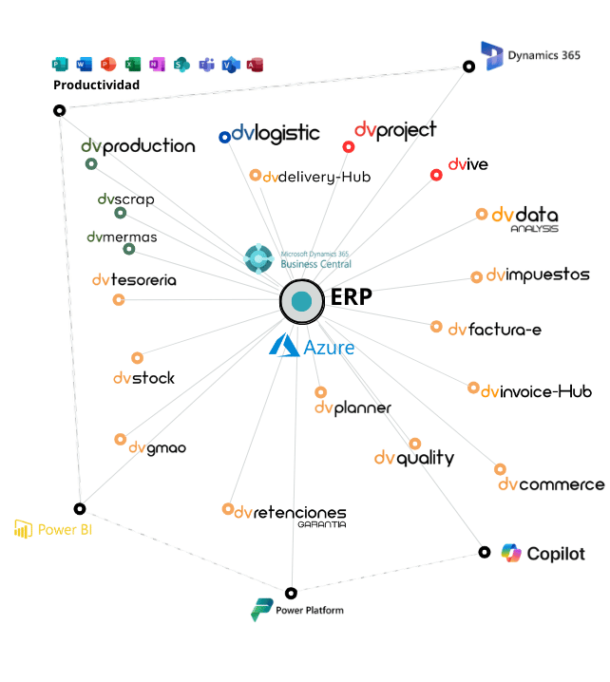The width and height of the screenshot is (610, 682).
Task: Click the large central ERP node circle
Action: pos(301,301)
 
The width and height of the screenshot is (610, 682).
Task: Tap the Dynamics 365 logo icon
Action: pos(493,55)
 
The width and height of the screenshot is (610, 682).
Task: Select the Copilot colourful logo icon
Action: pos(512,553)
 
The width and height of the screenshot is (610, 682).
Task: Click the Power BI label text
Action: pos(57,530)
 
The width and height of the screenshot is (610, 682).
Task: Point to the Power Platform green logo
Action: pos(260,610)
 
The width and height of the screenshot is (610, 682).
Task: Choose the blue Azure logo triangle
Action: pos(284,346)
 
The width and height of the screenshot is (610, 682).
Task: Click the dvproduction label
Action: pos(138,146)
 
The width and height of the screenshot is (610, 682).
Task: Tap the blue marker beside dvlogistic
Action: pos(225,137)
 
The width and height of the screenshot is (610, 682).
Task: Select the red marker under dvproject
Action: pos(349,147)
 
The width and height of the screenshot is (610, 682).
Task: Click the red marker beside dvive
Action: pos(436,175)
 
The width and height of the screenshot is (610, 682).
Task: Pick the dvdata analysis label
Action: pos(524,218)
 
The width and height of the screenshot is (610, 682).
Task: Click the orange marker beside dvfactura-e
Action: pos(436,327)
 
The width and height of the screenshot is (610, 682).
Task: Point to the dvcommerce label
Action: pos(551,484)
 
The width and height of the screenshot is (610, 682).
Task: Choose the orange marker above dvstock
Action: pos(138,358)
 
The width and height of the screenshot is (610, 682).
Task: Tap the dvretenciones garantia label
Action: pos(290,514)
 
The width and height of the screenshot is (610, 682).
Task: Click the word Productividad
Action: pos(96,85)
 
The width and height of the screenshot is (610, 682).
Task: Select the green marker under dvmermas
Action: pos(129,250)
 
